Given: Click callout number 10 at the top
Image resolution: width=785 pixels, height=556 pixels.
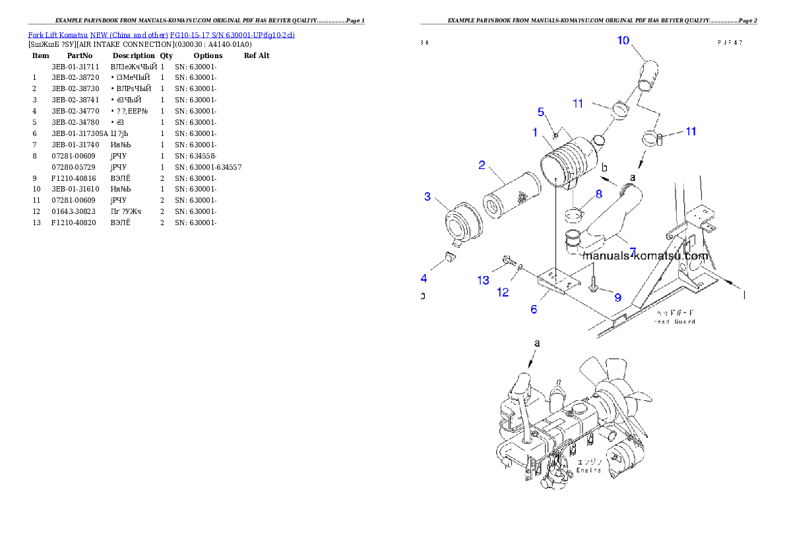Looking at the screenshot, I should pos(623,40).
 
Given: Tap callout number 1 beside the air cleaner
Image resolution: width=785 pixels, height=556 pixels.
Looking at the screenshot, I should pos(536,132).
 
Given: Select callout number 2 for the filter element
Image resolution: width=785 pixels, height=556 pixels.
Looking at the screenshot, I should pos(482,164).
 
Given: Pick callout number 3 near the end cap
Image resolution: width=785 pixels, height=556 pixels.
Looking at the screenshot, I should pos(427,197).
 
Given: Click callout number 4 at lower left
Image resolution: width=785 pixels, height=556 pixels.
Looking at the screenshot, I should pos(541,112).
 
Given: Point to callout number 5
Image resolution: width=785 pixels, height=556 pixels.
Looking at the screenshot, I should pos(534,308).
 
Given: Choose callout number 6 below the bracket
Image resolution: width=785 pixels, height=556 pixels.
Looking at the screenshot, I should pos(598,194).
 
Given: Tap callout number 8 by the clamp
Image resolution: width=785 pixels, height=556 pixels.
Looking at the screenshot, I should pos(618,298).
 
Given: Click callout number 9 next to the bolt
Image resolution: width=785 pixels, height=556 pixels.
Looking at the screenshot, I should pos(484,281).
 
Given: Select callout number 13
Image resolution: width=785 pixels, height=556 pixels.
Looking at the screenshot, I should pos(503,292).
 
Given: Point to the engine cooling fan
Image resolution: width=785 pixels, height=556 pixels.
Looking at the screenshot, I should pos(674,322).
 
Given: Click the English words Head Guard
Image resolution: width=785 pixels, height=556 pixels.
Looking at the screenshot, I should pos(588,470).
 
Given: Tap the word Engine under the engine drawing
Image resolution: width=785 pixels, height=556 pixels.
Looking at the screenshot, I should pos(161,34).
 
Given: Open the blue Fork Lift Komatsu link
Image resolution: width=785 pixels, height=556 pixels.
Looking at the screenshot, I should pos(645,256).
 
